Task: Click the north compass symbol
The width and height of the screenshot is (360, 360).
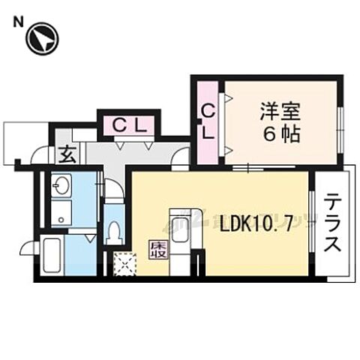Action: pos(42,38)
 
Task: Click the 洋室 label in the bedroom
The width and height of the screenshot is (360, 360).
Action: pos(280,112)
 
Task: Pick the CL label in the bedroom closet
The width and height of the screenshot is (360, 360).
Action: pos(209,121)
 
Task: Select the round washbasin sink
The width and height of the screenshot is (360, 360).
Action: pos(61,184)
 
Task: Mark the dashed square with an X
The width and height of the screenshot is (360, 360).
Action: pos(124,264)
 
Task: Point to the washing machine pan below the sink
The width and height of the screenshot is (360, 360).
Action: pos(61,212)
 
